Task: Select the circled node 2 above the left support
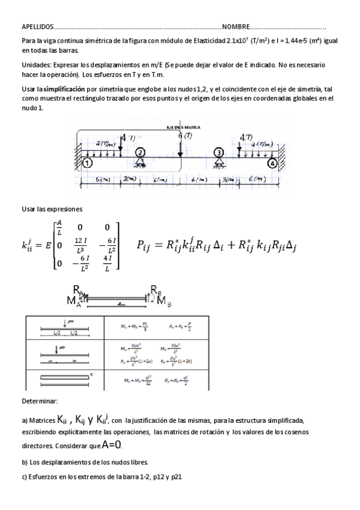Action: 140,153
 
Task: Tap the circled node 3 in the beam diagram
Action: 218,153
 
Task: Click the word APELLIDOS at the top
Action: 37,27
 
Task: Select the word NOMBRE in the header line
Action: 236,27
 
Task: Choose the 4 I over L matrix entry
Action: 107,262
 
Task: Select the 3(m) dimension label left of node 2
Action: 128,179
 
